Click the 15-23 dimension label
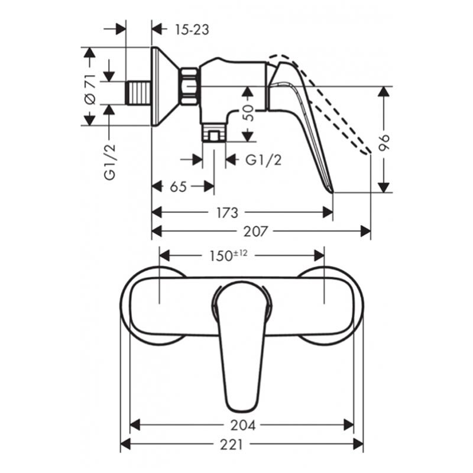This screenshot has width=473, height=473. [x=192, y=30]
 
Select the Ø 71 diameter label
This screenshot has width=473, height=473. [x=90, y=89]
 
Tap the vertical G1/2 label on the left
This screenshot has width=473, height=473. [x=110, y=161]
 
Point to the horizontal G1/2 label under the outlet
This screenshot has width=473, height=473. [x=263, y=160]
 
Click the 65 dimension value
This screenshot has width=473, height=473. [x=179, y=187]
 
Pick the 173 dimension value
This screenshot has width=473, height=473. [x=228, y=213]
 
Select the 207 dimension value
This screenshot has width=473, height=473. [x=255, y=232]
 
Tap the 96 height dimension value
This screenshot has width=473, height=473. [x=384, y=142]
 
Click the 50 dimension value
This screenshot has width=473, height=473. [x=248, y=113]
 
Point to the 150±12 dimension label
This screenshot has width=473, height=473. [x=229, y=256]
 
